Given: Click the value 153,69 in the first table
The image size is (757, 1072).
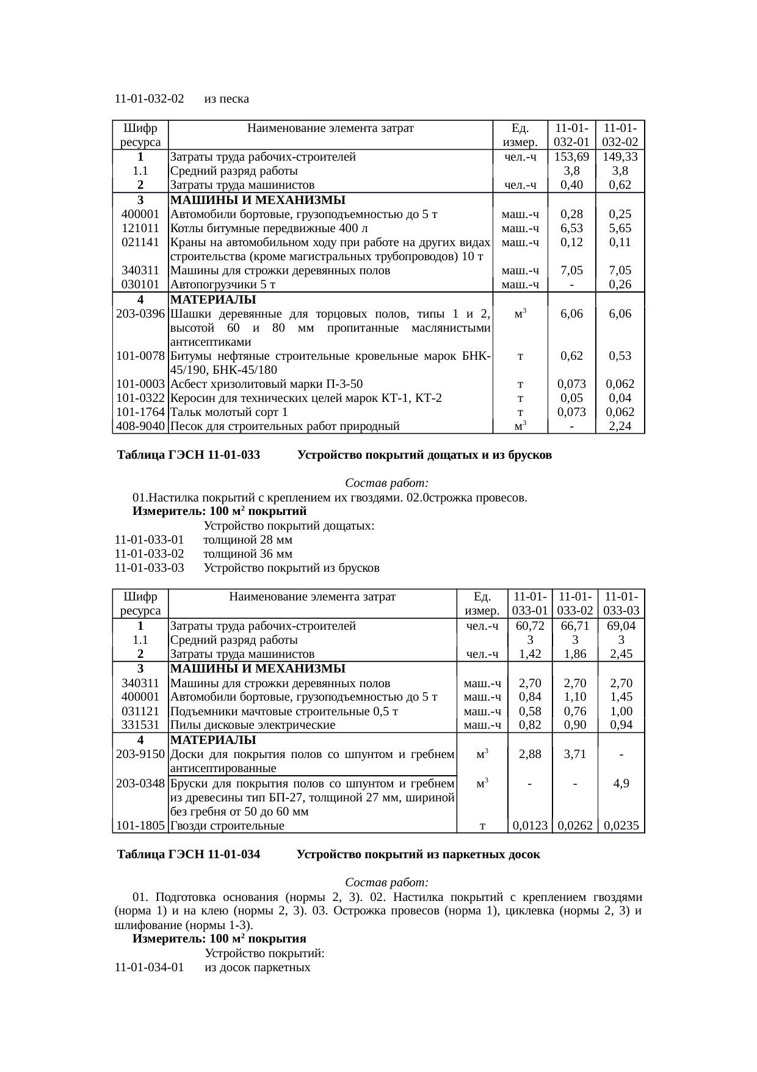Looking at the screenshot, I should click(x=571, y=156).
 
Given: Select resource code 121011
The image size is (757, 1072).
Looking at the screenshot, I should click(x=140, y=228).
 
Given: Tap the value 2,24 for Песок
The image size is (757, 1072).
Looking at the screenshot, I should click(x=620, y=426).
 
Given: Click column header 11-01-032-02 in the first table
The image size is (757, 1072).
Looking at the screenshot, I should click(x=620, y=135).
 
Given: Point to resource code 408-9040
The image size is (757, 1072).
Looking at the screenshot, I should click(x=140, y=426).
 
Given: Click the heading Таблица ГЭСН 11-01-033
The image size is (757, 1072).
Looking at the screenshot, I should click(x=189, y=455).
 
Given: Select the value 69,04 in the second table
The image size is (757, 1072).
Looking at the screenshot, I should click(x=621, y=626).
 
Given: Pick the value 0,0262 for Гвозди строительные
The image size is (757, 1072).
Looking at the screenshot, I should click(x=575, y=826).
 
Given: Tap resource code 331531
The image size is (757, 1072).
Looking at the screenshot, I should click(x=140, y=725).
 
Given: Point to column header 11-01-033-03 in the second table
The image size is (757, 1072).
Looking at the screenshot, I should click(x=621, y=603).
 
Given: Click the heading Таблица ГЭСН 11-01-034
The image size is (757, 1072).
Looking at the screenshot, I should click(x=189, y=855).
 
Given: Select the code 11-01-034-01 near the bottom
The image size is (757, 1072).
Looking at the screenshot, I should click(x=149, y=968).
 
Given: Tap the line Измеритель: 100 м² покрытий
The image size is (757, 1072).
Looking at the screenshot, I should click(x=220, y=511).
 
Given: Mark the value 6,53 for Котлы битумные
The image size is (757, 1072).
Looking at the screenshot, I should click(x=571, y=228).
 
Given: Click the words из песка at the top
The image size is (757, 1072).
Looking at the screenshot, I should click(x=226, y=99).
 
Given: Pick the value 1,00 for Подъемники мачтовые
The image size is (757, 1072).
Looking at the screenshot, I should click(x=621, y=712).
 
